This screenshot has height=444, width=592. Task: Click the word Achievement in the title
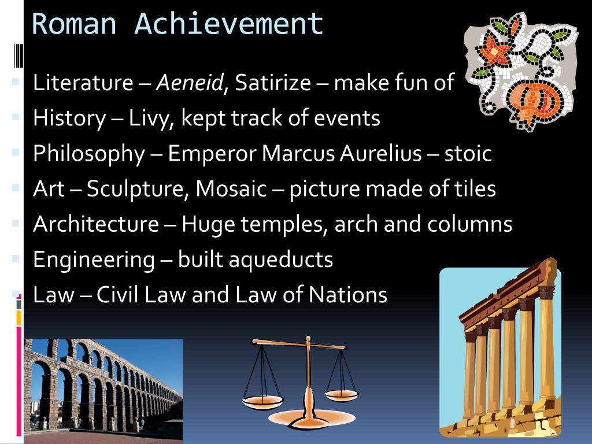click(x=229, y=24)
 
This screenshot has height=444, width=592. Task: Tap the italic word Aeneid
click(x=190, y=82)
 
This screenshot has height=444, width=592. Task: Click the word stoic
click(x=468, y=153)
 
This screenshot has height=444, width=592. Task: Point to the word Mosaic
click(x=231, y=188)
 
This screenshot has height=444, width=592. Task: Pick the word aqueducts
click(x=255, y=260)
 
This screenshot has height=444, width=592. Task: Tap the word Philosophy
click(x=89, y=154)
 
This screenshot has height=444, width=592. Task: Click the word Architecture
click(x=96, y=224)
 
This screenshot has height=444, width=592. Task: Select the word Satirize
click(x=273, y=82)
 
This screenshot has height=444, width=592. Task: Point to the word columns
click(x=469, y=224)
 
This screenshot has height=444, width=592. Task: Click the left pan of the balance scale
click(x=262, y=402)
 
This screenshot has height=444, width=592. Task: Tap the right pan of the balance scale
click(x=341, y=395)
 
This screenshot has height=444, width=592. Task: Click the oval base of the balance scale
click(x=312, y=419)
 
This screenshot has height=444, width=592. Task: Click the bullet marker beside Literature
click(x=16, y=81)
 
